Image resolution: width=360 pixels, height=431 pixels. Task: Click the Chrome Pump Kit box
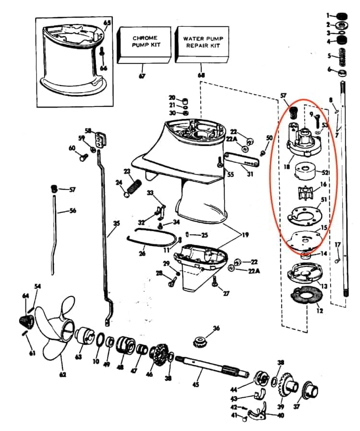pyautogui.click(x=144, y=45)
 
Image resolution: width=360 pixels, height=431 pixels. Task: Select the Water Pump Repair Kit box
pyautogui.click(x=202, y=45)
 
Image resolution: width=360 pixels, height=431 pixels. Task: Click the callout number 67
pyautogui.click(x=142, y=76)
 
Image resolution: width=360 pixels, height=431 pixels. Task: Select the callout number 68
pyautogui.click(x=201, y=76)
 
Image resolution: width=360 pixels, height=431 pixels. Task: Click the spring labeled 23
pyautogui.click(x=134, y=184)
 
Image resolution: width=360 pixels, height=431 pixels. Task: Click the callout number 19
pyautogui.click(x=246, y=236)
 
